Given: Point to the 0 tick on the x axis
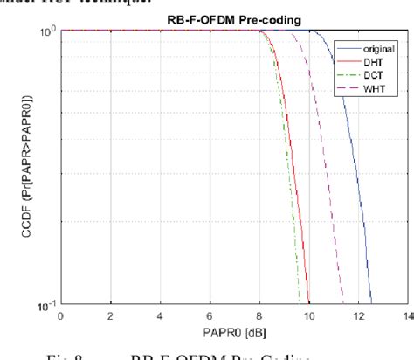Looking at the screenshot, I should coord(60,315).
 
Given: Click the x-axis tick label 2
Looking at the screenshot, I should coord(110,315).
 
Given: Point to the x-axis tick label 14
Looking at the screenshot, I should coord(405,315).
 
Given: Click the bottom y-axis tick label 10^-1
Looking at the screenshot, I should coord(47,303).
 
